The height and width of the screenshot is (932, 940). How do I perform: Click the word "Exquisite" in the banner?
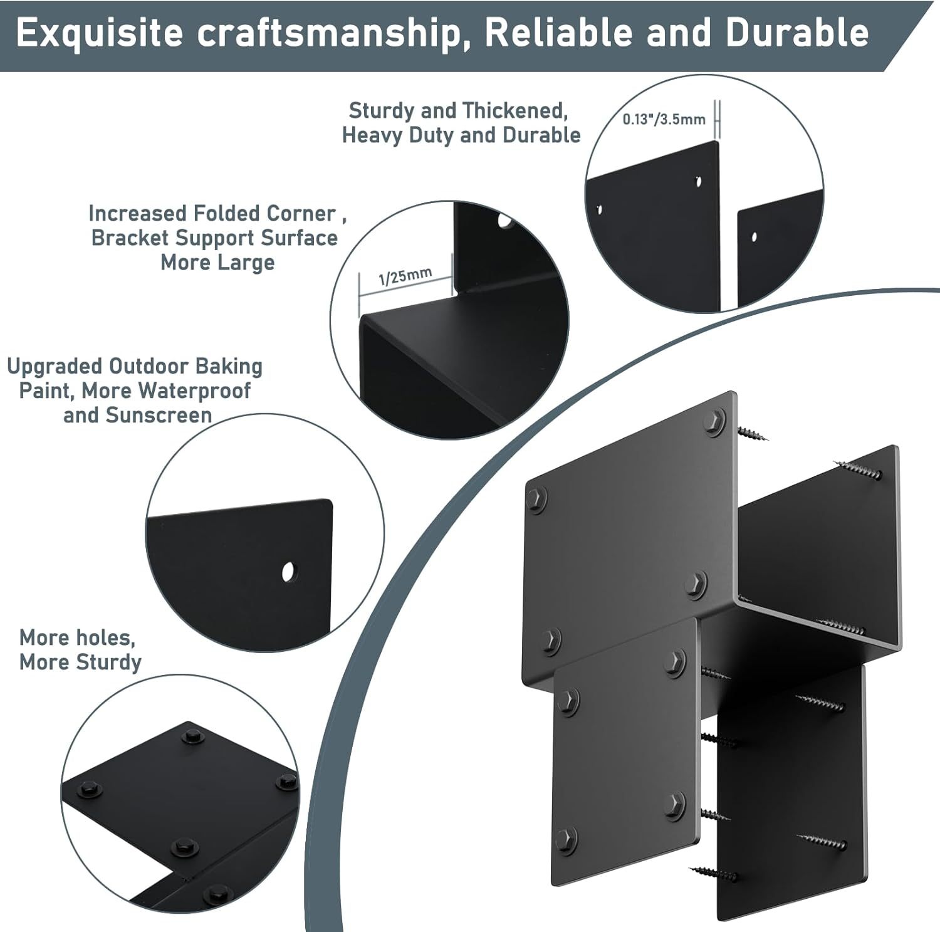pyautogui.click(x=100, y=33)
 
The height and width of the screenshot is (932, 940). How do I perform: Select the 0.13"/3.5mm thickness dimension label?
pyautogui.click(x=664, y=119)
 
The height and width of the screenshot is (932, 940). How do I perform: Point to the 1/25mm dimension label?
pyautogui.click(x=405, y=276)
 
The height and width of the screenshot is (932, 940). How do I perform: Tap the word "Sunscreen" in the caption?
pyautogui.click(x=159, y=415)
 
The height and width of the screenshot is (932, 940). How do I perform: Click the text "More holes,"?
pyautogui.click(x=77, y=638)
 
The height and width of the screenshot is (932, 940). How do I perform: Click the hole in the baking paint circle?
pyautogui.click(x=288, y=571)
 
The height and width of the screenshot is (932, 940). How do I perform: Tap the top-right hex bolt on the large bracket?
pyautogui.click(x=715, y=422)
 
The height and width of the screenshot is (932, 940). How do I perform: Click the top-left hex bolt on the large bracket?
pyautogui.click(x=536, y=500)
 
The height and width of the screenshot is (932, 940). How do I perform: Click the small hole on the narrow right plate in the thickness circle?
pyautogui.click(x=754, y=237)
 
